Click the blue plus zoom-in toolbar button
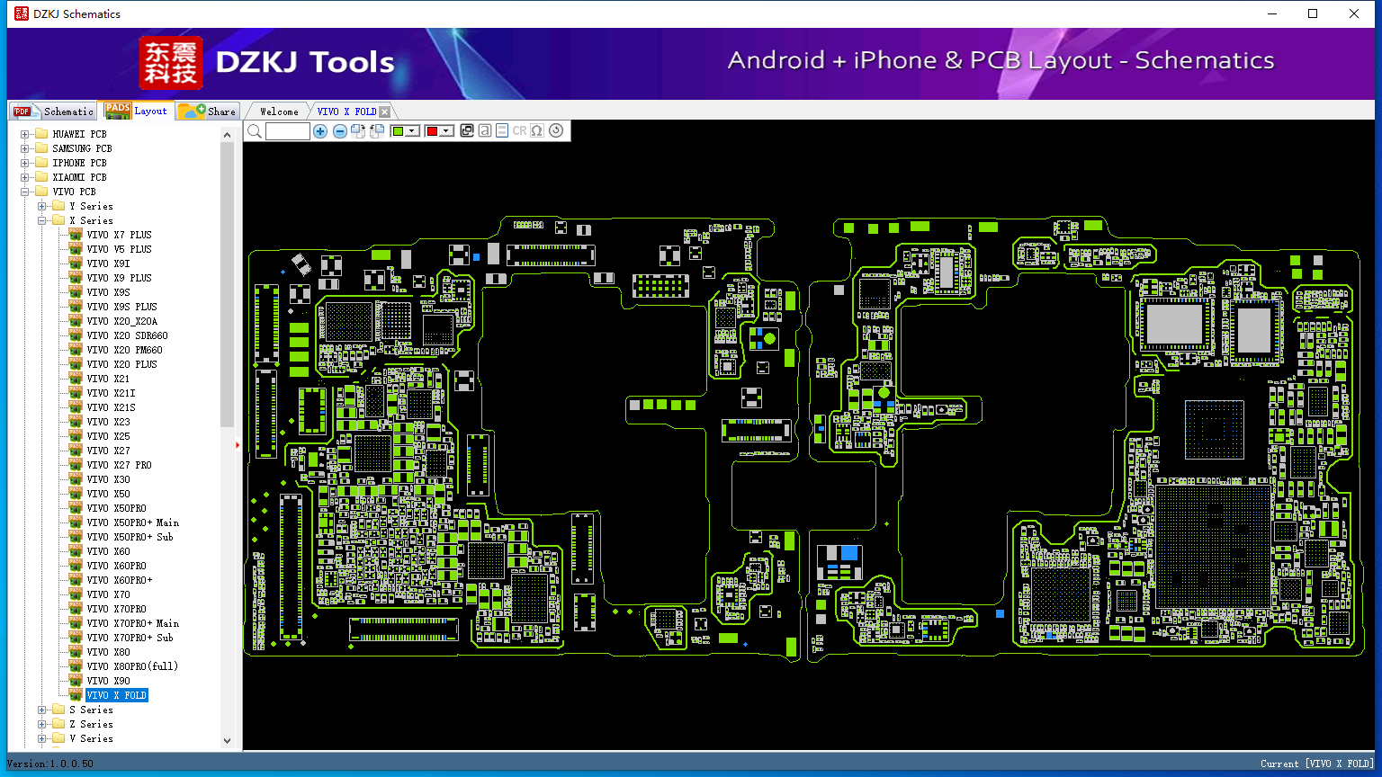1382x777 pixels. (x=320, y=130)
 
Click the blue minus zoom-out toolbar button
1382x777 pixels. (x=339, y=130)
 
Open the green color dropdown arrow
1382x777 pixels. (x=412, y=130)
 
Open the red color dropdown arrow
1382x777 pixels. (x=446, y=130)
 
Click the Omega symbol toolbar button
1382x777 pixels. (x=537, y=130)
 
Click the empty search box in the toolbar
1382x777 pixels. (x=288, y=130)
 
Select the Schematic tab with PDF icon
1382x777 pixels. (x=54, y=111)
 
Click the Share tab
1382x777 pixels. (x=208, y=111)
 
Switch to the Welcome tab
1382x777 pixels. (x=279, y=112)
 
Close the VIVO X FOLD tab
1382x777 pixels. (x=385, y=112)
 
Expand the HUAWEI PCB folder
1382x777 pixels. (x=24, y=134)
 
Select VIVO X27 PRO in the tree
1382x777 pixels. (x=119, y=465)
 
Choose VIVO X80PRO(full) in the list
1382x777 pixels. (x=132, y=666)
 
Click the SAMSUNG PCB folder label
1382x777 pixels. (x=82, y=148)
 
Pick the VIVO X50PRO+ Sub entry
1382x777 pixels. (x=130, y=537)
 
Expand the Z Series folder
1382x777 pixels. (x=42, y=724)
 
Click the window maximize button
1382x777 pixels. (x=1313, y=13)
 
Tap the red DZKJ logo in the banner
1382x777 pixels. (x=171, y=62)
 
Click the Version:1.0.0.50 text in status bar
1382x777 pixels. (x=50, y=764)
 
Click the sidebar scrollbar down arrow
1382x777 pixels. (x=227, y=741)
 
